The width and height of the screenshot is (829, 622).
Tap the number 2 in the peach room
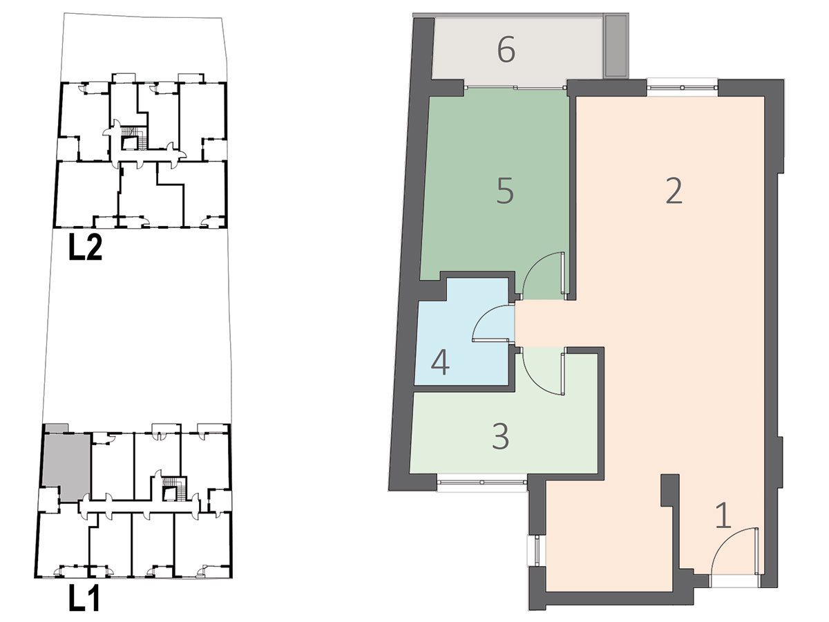click(674, 191)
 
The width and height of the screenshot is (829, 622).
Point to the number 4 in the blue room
click(440, 363)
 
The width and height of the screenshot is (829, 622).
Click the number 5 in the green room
click(505, 191)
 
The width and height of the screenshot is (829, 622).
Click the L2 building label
click(86, 247)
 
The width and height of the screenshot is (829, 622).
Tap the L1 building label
click(84, 598)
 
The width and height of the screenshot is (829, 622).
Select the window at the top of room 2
click(682, 88)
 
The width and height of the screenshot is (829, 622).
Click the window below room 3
click(482, 482)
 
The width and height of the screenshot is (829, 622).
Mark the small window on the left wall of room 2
click(536, 551)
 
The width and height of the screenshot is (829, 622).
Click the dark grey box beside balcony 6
click(616, 46)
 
